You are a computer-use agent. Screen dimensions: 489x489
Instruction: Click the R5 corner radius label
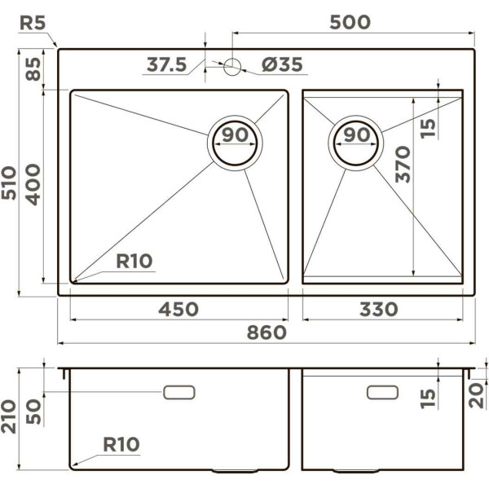click(32, 22)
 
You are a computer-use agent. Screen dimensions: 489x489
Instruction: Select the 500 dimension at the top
click(350, 22)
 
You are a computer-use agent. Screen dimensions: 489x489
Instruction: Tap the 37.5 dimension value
click(166, 64)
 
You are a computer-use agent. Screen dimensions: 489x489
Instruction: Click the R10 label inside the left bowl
click(134, 262)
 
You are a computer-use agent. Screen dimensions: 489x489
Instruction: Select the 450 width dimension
click(178, 310)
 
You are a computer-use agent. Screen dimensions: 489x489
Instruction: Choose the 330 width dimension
click(379, 310)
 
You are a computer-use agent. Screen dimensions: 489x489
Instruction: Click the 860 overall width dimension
click(267, 333)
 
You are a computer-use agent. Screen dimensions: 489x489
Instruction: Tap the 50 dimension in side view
click(33, 412)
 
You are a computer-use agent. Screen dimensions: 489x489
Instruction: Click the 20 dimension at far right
click(478, 395)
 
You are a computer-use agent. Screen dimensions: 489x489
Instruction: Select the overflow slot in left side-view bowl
click(179, 393)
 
